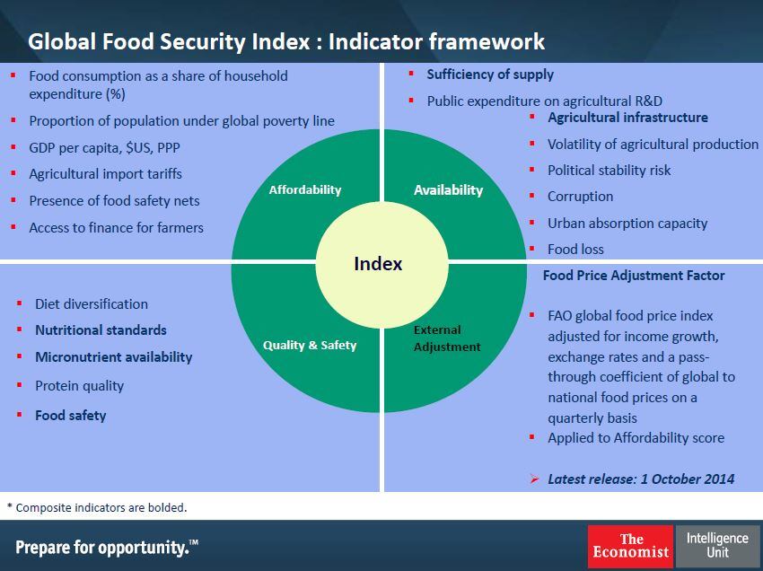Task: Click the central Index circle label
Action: [378, 264]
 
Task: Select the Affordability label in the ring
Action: [305, 189]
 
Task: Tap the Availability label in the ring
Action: [448, 189]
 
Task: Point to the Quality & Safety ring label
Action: [310, 345]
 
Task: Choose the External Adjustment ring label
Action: [447, 338]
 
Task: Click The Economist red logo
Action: [630, 546]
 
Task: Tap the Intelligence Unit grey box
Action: [717, 545]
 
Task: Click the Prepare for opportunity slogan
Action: [107, 547]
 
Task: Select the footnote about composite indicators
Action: [97, 507]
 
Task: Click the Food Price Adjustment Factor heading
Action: [634, 276]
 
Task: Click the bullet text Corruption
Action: [581, 197]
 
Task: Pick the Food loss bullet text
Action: [575, 250]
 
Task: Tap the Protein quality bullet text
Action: [80, 386]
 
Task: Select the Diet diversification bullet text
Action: [92, 304]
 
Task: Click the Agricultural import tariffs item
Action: [105, 174]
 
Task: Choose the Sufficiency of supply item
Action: [490, 75]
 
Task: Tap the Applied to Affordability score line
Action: [636, 438]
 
